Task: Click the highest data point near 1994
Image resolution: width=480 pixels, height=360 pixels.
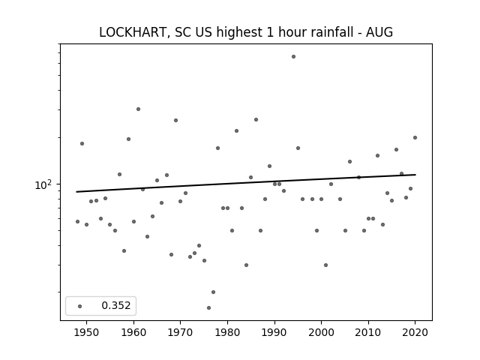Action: click(293, 57)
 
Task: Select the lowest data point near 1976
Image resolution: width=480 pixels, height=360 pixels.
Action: click(208, 307)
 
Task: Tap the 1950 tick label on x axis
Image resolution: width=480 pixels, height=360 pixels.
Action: click(87, 332)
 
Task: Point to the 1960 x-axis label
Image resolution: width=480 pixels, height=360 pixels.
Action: click(133, 332)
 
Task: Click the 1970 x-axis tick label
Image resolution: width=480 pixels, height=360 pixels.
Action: click(181, 332)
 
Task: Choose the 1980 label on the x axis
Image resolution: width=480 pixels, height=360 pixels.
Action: click(227, 332)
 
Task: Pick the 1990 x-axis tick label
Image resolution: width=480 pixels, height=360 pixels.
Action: click(274, 332)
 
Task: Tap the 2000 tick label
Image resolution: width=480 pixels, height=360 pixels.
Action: click(322, 332)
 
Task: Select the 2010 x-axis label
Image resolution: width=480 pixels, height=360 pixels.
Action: click(368, 332)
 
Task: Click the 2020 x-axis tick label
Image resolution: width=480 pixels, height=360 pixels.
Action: click(415, 332)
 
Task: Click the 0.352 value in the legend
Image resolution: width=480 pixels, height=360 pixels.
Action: click(116, 305)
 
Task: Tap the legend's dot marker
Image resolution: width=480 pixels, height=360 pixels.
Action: click(80, 306)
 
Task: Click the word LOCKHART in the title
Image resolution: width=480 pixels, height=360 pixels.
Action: click(133, 32)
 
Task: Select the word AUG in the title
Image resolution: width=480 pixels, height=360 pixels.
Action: click(379, 32)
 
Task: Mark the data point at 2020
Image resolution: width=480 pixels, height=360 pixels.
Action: click(415, 138)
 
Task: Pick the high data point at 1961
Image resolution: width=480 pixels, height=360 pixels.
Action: click(138, 109)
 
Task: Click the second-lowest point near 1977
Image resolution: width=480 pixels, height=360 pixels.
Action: click(213, 292)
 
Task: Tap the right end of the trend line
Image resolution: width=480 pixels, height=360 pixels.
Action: click(415, 175)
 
